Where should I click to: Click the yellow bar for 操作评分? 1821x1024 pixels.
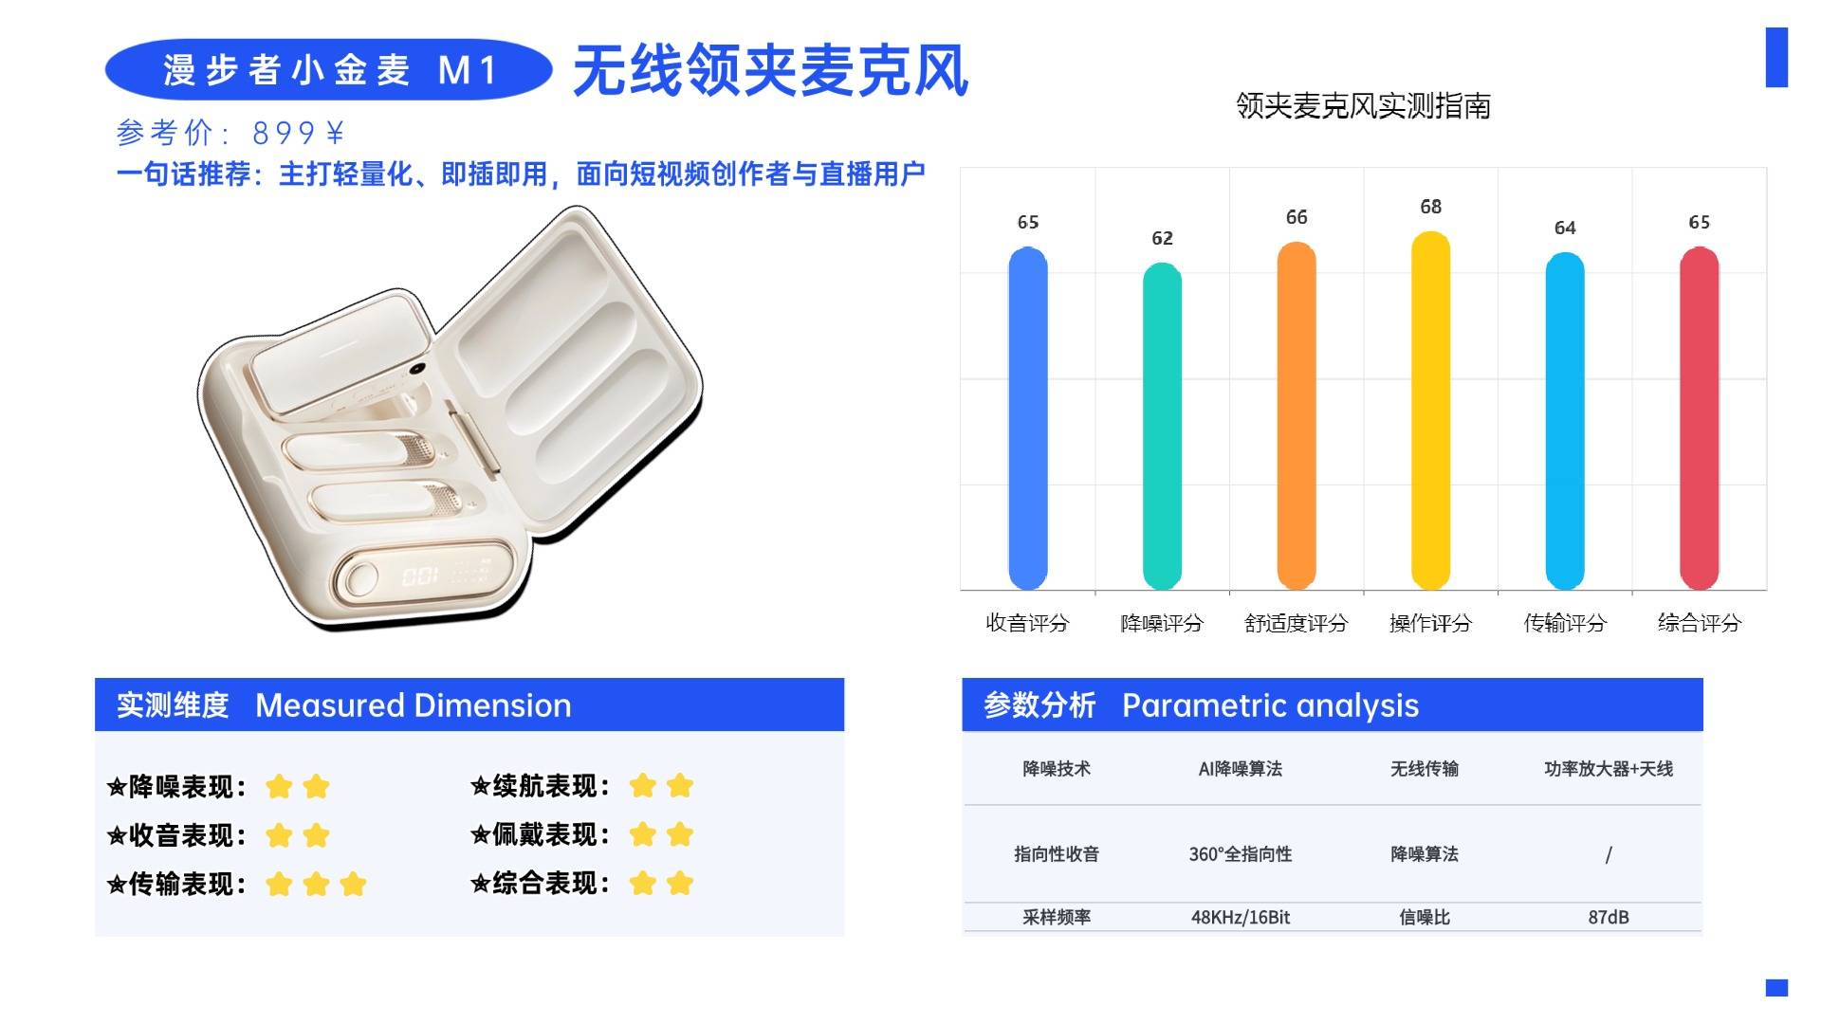[1430, 412]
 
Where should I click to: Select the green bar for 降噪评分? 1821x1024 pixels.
[1162, 427]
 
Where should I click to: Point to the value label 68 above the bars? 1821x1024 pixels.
[1430, 207]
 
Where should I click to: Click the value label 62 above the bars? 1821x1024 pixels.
[1162, 238]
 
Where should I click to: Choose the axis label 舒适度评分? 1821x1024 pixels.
[1296, 623]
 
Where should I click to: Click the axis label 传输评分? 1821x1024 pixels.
[1565, 623]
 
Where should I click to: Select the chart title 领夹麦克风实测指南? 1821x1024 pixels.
[1362, 106]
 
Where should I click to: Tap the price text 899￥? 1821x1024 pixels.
[298, 133]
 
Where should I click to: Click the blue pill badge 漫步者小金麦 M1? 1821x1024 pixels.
[328, 70]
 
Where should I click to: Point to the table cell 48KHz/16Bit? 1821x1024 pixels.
[1240, 917]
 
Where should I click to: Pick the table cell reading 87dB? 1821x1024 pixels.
[1608, 917]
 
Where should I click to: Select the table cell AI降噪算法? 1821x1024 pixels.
[1240, 769]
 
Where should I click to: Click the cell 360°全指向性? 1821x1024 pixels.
[1240, 854]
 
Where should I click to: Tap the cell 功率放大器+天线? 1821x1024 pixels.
[1608, 769]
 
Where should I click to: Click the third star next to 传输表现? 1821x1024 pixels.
[353, 885]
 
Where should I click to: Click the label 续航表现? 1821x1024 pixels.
[550, 786]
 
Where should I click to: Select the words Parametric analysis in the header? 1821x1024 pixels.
[1270, 705]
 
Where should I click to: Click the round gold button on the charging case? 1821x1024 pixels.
[361, 577]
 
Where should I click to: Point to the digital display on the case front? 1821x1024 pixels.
[420, 576]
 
